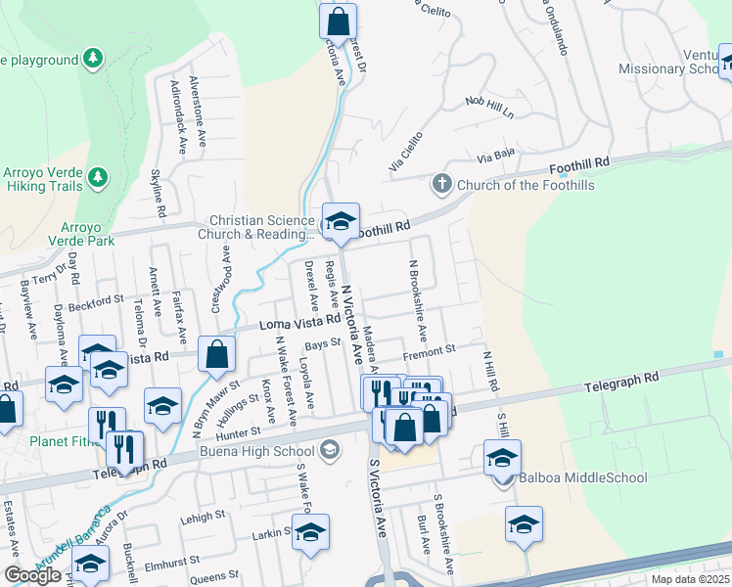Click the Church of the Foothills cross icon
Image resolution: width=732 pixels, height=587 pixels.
442,184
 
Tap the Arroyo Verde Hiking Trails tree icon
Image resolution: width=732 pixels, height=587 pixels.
97,177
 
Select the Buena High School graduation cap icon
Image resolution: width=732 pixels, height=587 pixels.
331,450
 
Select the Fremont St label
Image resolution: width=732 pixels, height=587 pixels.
430,349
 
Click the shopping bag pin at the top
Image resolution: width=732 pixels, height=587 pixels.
338,20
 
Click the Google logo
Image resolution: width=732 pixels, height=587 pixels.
32,575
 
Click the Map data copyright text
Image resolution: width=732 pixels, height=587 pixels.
691,579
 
